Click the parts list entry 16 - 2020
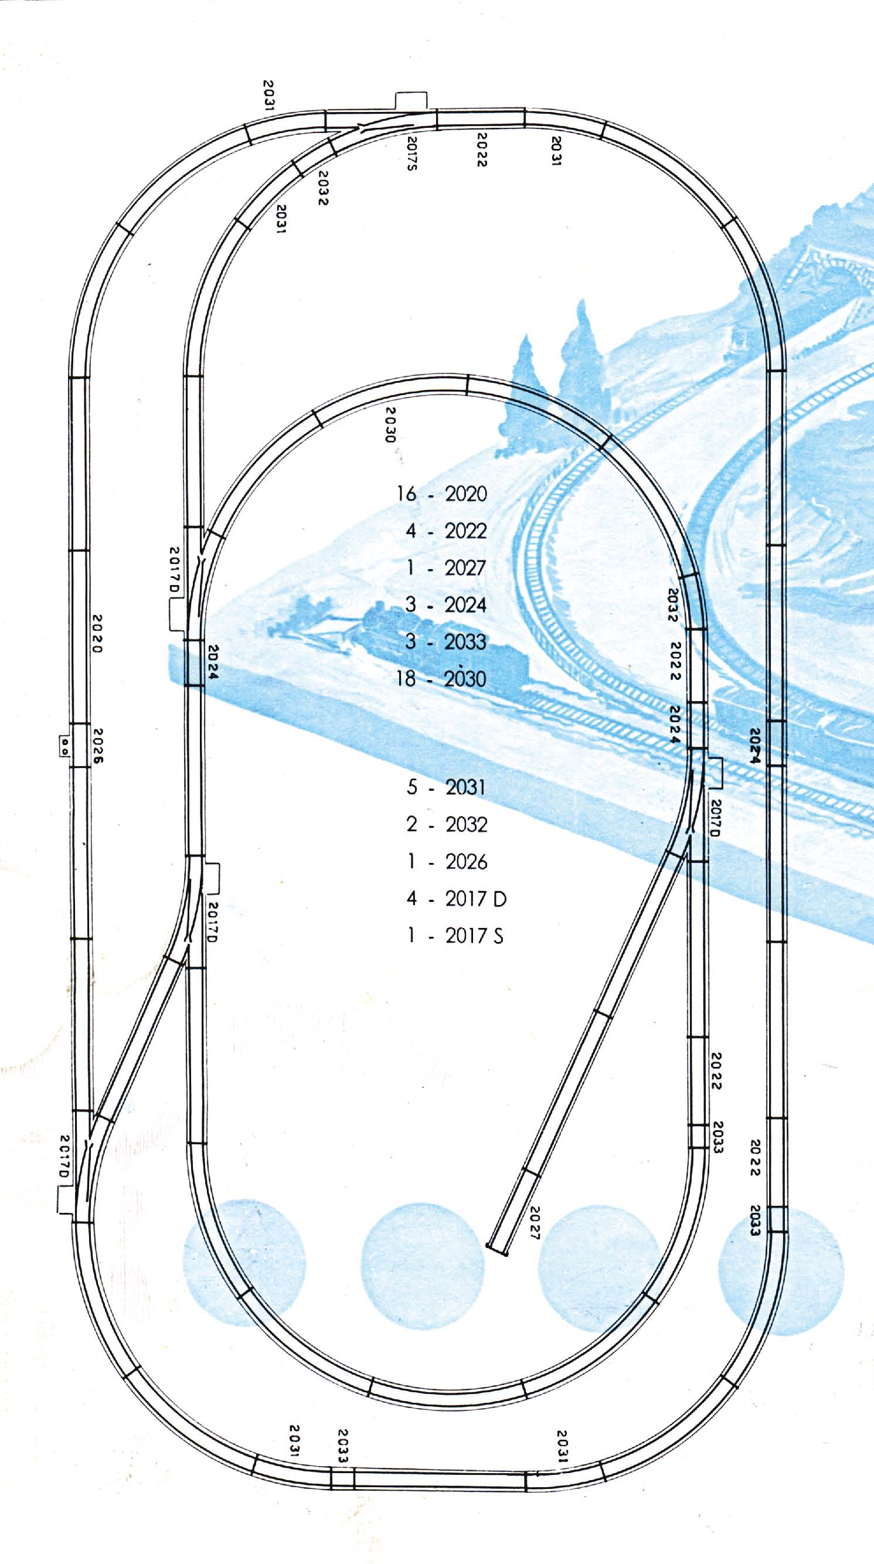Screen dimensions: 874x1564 click(x=442, y=494)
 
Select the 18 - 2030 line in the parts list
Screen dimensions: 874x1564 click(x=441, y=678)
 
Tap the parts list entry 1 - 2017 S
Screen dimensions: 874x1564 click(x=455, y=936)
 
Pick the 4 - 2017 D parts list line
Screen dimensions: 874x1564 click(x=456, y=899)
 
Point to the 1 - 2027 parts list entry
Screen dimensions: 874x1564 click(x=446, y=568)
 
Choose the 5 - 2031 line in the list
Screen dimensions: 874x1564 click(x=446, y=787)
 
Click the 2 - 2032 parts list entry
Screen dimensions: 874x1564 click(x=446, y=824)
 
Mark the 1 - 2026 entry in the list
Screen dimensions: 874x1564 click(x=446, y=862)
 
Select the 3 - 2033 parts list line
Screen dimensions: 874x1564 click(x=446, y=642)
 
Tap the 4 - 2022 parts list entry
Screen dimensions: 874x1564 click(x=446, y=531)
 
